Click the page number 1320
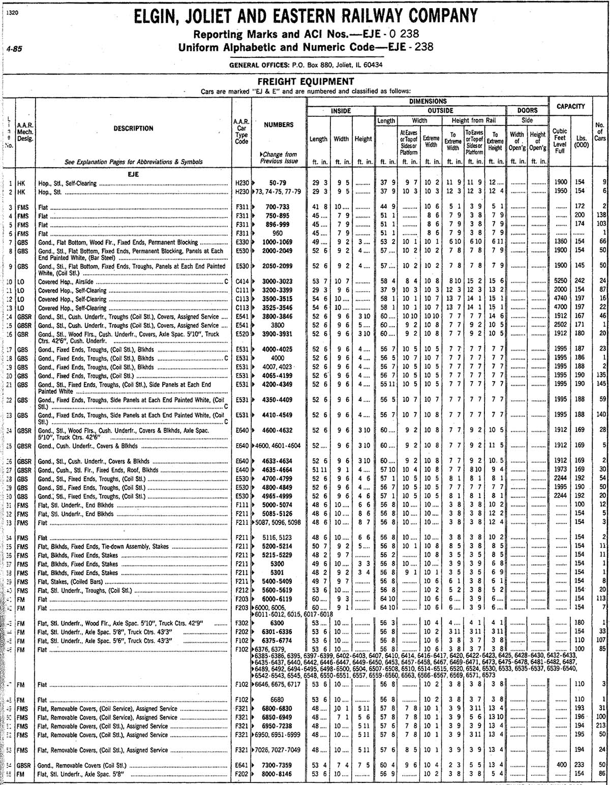click(13, 14)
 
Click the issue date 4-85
click(14, 49)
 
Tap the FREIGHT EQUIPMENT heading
click(306, 82)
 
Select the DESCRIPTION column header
click(133, 129)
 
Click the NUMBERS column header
click(278, 124)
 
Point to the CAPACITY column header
click(570, 106)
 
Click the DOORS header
click(527, 110)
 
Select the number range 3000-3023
click(278, 281)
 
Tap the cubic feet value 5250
click(560, 281)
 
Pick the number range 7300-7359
click(278, 765)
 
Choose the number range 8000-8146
click(278, 773)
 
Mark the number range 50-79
click(278, 183)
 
